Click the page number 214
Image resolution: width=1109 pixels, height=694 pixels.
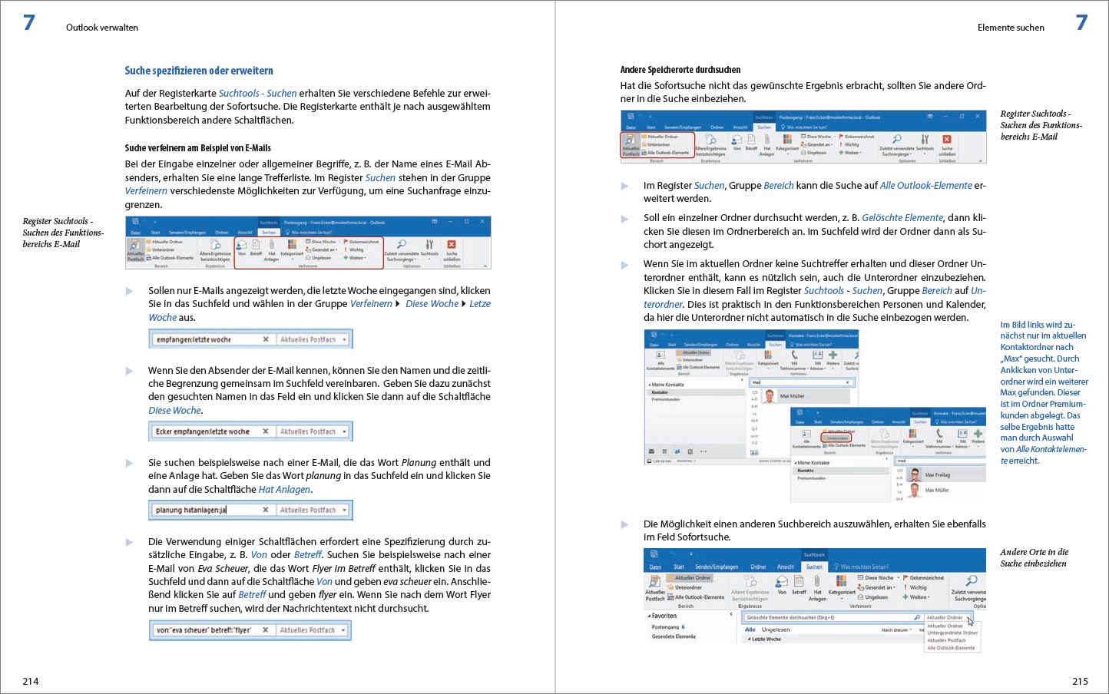pyautogui.click(x=31, y=681)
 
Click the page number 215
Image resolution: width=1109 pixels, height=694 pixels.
pyautogui.click(x=1080, y=681)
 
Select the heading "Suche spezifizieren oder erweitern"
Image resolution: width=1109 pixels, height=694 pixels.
pyautogui.click(x=199, y=71)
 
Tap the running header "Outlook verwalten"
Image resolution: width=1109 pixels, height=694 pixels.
pyautogui.click(x=102, y=28)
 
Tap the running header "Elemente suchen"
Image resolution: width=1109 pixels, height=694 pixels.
pyautogui.click(x=1011, y=28)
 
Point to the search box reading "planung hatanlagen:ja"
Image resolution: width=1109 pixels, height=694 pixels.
pyautogui.click(x=204, y=510)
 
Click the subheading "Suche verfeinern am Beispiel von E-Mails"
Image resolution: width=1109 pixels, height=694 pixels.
pyautogui.click(x=198, y=148)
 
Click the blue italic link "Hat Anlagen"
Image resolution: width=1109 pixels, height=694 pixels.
pyautogui.click(x=284, y=490)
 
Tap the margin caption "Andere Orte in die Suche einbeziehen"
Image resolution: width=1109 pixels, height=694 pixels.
pyautogui.click(x=1034, y=557)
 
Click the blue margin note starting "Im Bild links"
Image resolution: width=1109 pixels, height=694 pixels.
pyautogui.click(x=1043, y=392)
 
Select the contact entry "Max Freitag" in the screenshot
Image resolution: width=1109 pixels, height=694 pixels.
pyautogui.click(x=937, y=475)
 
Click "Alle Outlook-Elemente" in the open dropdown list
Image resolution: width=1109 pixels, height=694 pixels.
pyautogui.click(x=951, y=648)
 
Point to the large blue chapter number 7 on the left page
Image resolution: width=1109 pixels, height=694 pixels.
pyautogui.click(x=29, y=23)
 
